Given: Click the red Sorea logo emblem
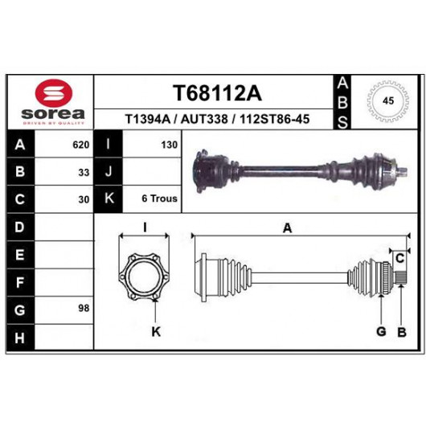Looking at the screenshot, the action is (54, 93).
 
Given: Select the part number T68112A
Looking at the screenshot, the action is (217, 93).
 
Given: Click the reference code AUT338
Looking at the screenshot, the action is (204, 119).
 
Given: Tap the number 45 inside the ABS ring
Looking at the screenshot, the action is (388, 100).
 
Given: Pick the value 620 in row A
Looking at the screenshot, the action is (81, 145).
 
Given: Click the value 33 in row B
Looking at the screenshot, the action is (84, 173).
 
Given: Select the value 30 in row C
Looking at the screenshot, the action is (84, 199).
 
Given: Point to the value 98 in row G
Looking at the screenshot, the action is (84, 309).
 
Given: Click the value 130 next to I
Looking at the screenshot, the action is (169, 145).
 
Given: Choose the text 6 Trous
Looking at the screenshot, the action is (159, 199).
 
